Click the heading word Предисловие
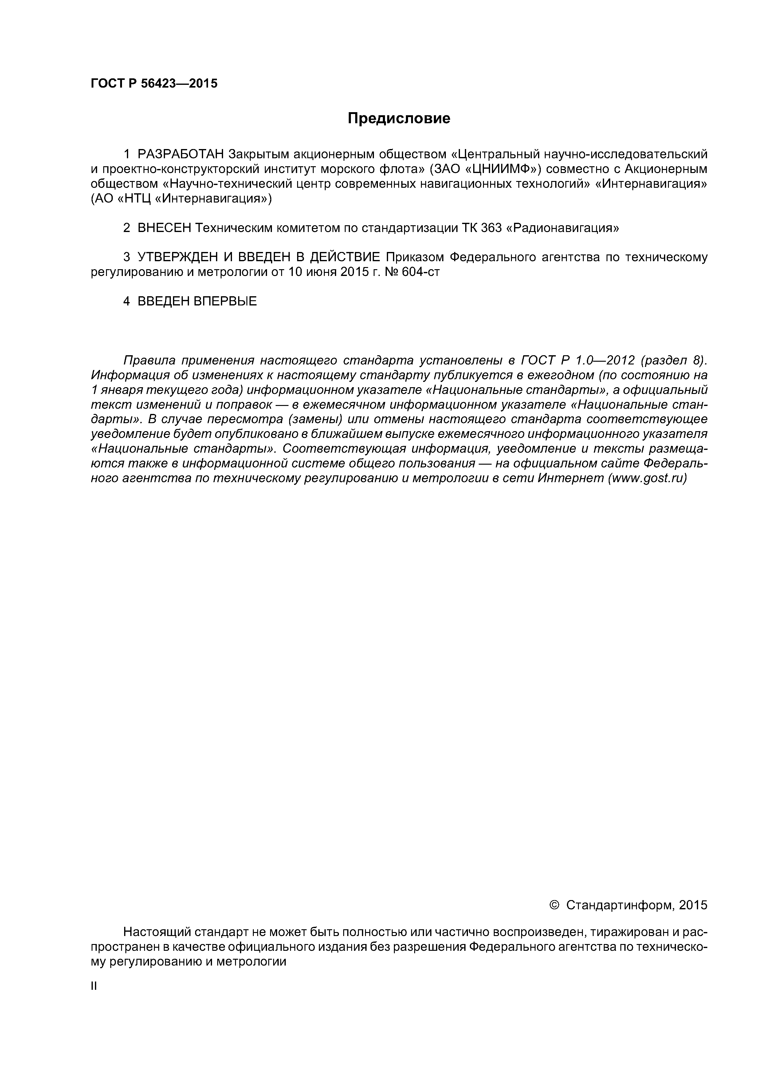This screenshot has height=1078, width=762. point(399,118)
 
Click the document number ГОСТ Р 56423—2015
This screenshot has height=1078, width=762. point(154,84)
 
